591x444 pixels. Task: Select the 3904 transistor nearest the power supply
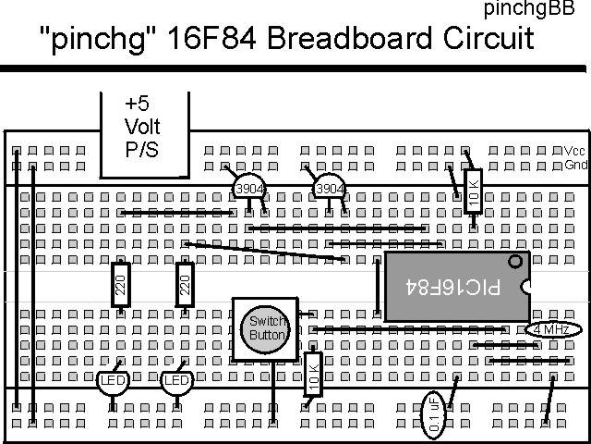point(247,189)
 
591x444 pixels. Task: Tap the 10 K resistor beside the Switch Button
point(312,374)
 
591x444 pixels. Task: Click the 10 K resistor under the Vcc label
point(473,192)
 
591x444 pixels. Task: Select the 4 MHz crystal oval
point(552,329)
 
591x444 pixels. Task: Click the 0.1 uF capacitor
point(434,414)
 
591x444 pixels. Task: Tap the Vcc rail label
point(574,151)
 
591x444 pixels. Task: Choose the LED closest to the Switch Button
point(176,380)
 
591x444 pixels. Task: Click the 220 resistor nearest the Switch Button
point(185,287)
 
